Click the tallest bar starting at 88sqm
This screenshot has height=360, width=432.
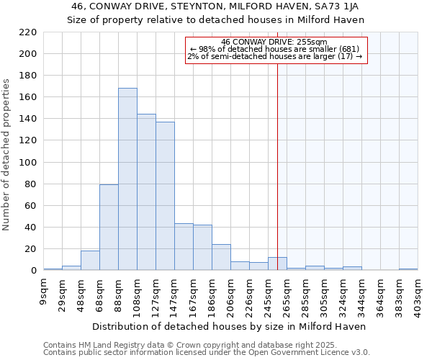coord(127,179)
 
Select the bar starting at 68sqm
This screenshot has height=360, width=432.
coord(109,228)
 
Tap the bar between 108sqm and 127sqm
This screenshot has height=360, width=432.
coord(146,192)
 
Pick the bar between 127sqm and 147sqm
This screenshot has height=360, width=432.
coord(165,196)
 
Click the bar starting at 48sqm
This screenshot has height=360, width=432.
coord(90,261)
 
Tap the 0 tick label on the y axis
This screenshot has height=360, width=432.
coord(33,271)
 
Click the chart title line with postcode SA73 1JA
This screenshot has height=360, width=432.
coord(216,6)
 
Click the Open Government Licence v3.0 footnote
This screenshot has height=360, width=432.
coord(207,353)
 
